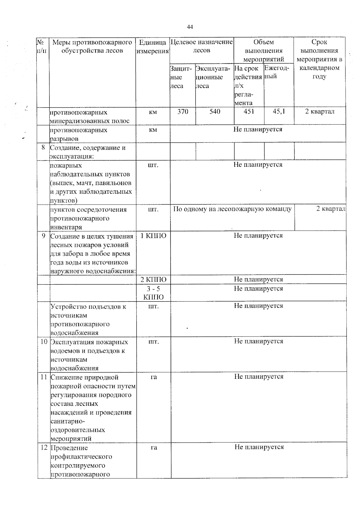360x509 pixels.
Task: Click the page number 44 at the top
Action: click(190, 27)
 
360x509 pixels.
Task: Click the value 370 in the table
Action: click(183, 112)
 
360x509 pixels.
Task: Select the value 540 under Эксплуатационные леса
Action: click(215, 112)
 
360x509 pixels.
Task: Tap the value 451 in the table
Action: click(249, 112)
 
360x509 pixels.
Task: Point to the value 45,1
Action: click(279, 112)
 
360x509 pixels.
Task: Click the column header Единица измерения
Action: click(153, 46)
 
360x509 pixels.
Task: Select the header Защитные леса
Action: click(181, 77)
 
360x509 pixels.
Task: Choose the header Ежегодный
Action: click(277, 72)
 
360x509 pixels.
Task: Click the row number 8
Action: click(43, 148)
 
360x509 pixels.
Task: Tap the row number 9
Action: click(43, 236)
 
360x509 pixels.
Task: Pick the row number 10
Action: click(44, 342)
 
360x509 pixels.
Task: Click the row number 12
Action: click(44, 448)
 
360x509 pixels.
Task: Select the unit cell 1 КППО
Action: click(153, 236)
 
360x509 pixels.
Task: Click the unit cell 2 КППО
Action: click(153, 280)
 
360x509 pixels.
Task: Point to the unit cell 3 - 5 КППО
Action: click(153, 293)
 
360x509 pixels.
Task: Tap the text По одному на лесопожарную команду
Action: click(232, 209)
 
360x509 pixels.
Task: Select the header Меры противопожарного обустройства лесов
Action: click(92, 46)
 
